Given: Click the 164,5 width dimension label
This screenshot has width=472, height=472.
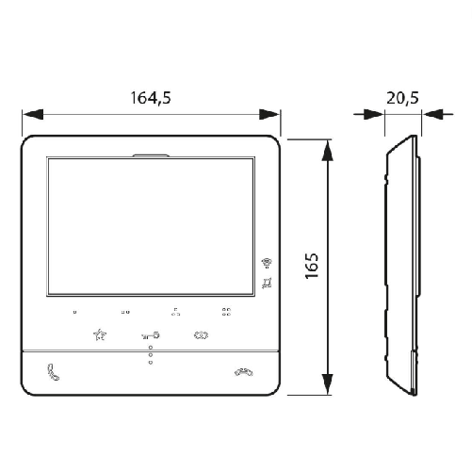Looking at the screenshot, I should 151,96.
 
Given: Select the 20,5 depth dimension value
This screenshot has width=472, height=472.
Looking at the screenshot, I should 402,96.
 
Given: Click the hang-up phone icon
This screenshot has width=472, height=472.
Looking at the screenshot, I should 244,371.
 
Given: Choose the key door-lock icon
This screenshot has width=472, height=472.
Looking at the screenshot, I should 150,334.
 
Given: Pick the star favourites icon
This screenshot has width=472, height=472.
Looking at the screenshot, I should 101,334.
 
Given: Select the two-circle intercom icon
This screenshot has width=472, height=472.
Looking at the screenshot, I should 200,334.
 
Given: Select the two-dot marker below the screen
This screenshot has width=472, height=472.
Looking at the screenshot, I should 125,311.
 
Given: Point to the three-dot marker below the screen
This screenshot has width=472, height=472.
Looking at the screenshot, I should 175,310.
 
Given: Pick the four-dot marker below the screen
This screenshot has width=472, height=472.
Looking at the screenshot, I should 226,310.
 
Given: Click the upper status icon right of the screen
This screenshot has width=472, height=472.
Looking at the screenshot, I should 268,262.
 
